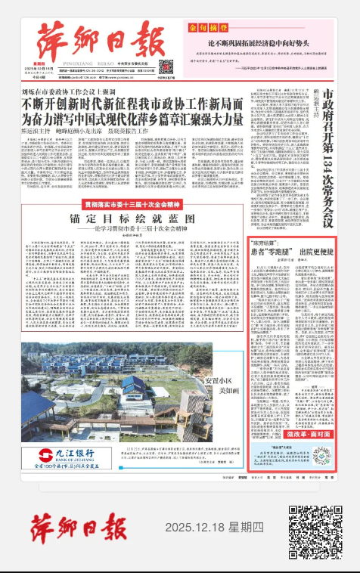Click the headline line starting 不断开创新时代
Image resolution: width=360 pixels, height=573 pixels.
point(134,104)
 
